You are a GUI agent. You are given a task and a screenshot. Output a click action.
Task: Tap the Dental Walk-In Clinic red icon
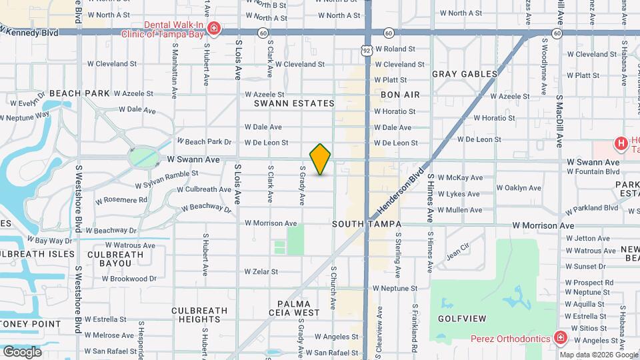(x=214, y=28)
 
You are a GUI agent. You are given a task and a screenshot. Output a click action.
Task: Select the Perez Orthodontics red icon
(x=561, y=338)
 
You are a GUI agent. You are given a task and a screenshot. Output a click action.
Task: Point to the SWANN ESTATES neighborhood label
(x=294, y=103)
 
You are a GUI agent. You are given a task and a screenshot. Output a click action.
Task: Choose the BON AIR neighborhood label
(x=400, y=95)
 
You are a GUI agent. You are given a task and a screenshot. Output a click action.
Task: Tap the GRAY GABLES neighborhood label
(x=465, y=74)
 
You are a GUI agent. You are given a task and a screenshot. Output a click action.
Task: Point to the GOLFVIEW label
(x=462, y=319)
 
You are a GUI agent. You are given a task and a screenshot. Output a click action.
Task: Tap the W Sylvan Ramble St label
(x=167, y=178)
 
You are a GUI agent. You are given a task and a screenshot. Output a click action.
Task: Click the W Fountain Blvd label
(x=593, y=171)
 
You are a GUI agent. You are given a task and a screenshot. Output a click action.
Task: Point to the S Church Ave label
(x=333, y=288)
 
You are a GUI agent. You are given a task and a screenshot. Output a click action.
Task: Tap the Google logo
(x=22, y=351)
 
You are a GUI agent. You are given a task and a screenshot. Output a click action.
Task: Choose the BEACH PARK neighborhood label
(x=79, y=93)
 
